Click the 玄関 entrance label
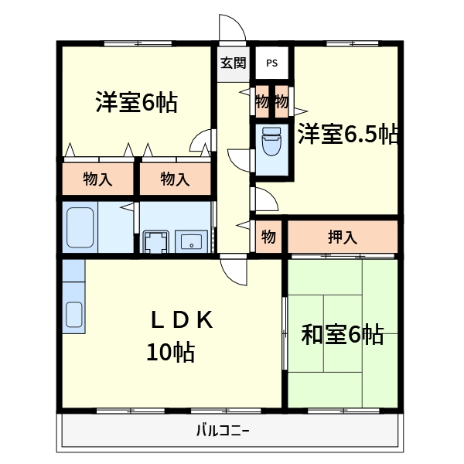click(x=234, y=63)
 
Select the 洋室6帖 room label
click(x=136, y=103)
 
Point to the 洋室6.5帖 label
click(x=348, y=135)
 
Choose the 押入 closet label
click(x=342, y=237)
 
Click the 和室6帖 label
click(x=342, y=335)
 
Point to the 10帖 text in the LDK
click(x=170, y=353)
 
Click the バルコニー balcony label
click(x=223, y=430)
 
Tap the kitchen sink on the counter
click(x=73, y=314)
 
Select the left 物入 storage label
click(x=98, y=179)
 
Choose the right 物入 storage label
click(x=175, y=179)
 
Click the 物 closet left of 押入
click(x=268, y=237)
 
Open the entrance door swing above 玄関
click(x=232, y=29)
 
